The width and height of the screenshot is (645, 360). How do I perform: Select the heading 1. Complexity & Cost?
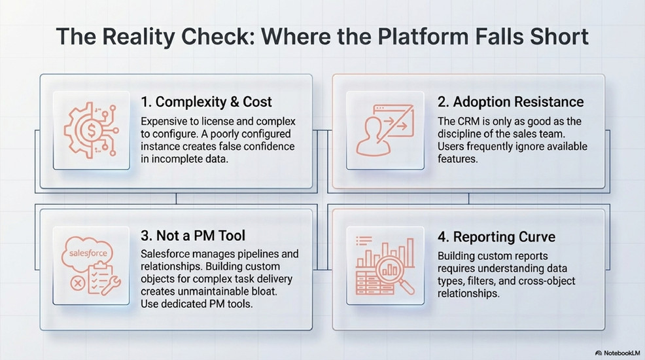click(206, 102)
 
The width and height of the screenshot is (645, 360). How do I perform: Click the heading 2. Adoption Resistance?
click(510, 102)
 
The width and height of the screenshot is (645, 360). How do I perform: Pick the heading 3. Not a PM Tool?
click(193, 236)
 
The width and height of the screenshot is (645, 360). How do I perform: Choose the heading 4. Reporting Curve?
click(497, 237)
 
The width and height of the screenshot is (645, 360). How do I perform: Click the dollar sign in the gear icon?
click(91, 131)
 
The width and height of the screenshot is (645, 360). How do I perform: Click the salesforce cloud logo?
click(88, 252)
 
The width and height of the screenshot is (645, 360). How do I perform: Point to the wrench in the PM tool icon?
click(111, 285)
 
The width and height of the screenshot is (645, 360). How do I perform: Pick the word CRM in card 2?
click(467, 121)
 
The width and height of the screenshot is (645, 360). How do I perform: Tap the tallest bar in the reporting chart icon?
click(410, 252)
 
